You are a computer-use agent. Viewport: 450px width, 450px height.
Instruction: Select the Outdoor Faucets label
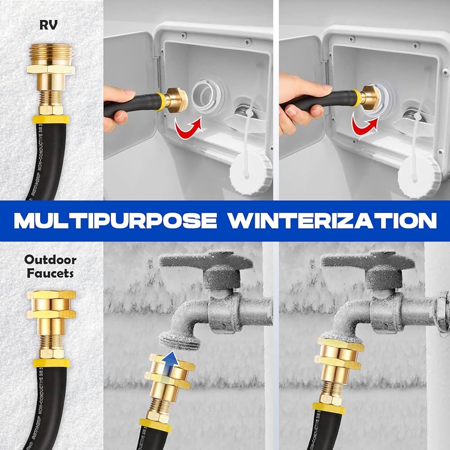coord(50,267)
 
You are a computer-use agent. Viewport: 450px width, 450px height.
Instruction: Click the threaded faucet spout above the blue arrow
coord(181,338)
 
